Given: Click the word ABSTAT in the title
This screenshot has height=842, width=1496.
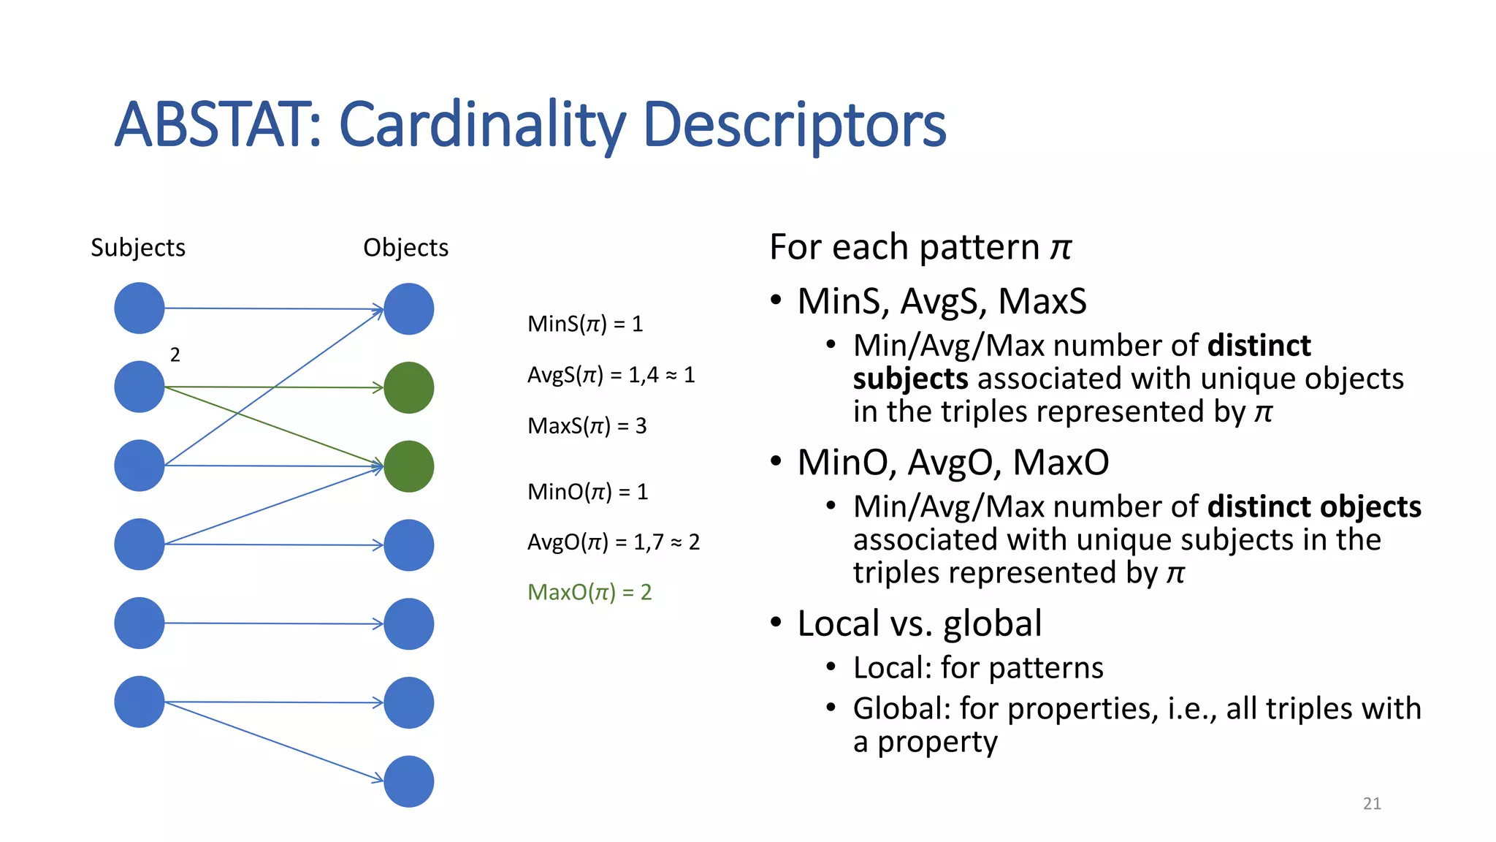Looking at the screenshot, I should pos(216,125).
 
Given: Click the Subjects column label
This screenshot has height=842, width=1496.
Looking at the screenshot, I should pos(138,248).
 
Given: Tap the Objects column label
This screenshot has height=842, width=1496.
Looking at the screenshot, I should pos(405,248).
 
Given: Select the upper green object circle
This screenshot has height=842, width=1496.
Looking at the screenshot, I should pos(408,387).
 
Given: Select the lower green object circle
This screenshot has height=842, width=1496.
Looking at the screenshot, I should pos(408,466).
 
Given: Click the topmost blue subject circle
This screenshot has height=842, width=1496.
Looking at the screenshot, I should pos(139,308).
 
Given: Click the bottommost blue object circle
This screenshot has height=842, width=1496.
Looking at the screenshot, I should pos(408,781).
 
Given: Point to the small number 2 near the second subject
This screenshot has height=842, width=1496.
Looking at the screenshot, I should pos(175,355).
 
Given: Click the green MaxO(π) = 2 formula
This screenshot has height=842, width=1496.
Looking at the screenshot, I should pos(589,592).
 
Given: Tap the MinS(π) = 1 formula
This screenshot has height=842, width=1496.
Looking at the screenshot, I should pos(585,324).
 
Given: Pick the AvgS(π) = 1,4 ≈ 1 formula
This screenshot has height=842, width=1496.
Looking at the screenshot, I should pos(611,375).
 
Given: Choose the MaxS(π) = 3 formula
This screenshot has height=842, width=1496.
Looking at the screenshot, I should pos(587,425).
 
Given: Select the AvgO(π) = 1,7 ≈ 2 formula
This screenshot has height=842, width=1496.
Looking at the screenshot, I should pos(613,542).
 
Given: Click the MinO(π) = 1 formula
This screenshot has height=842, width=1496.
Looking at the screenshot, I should pos(587,491).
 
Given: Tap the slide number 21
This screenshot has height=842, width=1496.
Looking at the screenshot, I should pos(1372,803).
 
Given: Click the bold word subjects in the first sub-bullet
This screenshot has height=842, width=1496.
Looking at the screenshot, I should pos(910,379).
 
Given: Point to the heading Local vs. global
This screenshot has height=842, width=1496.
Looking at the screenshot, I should pos(919,623).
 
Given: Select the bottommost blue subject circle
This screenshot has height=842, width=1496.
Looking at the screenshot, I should pos(139,702).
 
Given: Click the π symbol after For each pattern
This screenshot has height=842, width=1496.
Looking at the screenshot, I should pos(1061,247).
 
